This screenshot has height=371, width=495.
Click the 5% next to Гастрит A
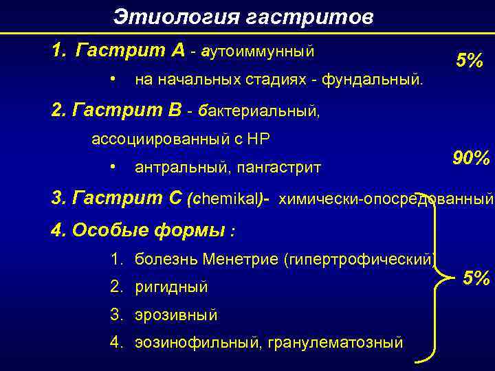pyautogui.click(x=470, y=61)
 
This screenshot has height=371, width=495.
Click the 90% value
pyautogui.click(x=471, y=159)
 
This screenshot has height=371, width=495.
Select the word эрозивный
pyautogui.click(x=176, y=315)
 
